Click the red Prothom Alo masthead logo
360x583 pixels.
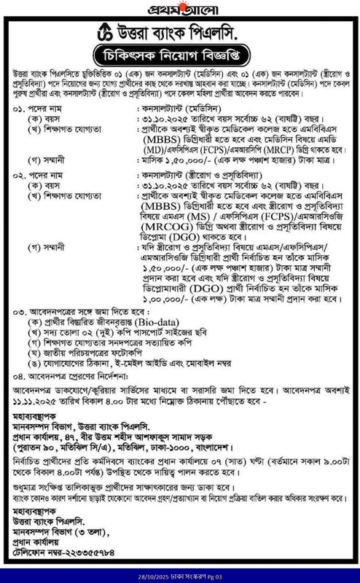click(179, 12)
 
